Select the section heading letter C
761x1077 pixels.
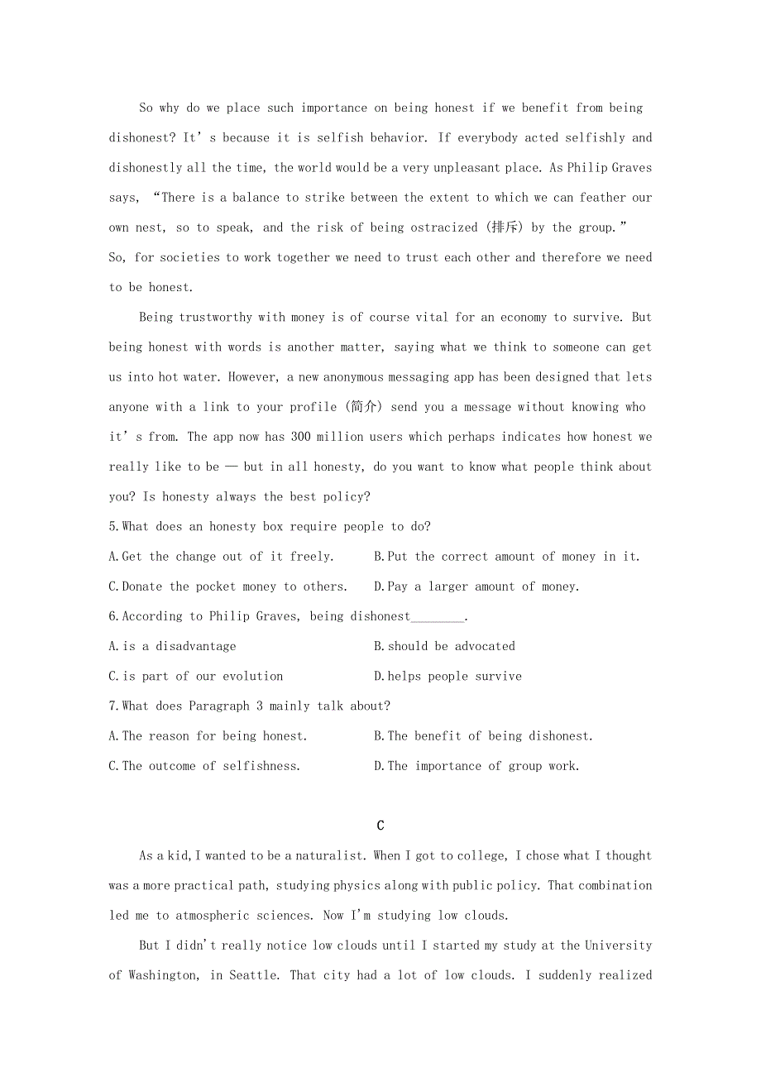click(x=380, y=826)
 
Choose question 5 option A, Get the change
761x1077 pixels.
click(x=222, y=557)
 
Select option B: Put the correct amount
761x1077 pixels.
click(x=507, y=557)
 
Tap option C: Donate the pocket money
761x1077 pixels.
click(x=227, y=586)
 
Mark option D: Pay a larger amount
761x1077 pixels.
click(x=476, y=586)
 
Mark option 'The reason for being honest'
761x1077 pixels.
click(x=208, y=736)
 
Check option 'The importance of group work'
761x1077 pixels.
click(x=476, y=766)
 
